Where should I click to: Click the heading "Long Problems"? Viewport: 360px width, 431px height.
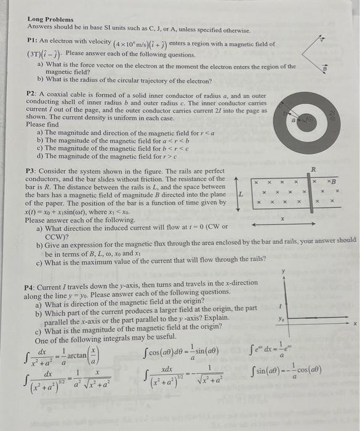pos(50,20)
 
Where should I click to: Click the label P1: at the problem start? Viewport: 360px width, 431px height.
pos(34,42)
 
